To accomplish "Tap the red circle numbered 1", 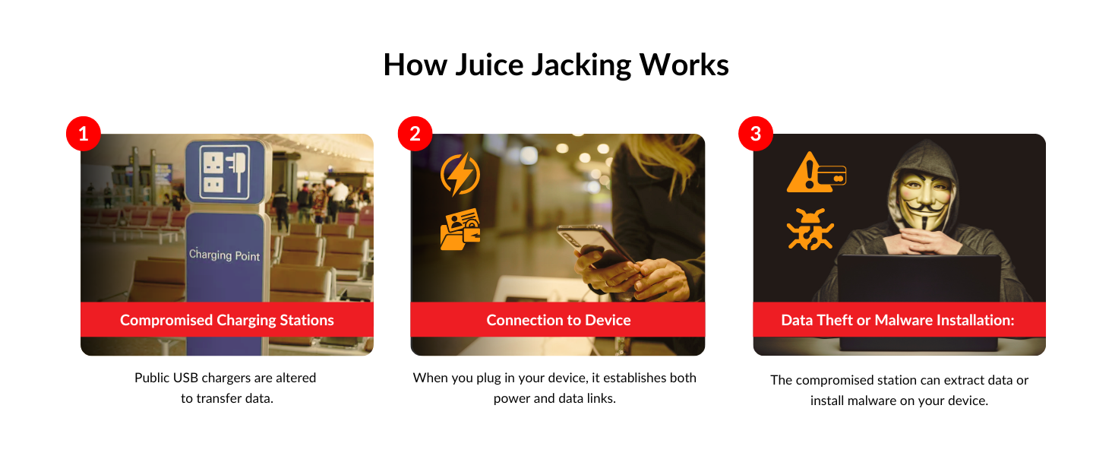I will click(x=84, y=135).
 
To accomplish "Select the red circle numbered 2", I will click(x=415, y=135).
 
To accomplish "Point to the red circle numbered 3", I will click(x=755, y=135).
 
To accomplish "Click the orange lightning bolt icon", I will click(x=460, y=174).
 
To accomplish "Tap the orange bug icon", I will click(x=810, y=229).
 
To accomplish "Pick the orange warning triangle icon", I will click(x=803, y=174).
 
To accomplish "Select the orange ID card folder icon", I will click(x=460, y=229).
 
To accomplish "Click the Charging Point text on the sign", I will click(x=224, y=255).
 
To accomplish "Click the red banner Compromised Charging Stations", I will click(x=227, y=320).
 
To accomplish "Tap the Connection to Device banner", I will click(x=558, y=320).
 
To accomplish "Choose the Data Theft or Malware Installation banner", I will click(x=898, y=320).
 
